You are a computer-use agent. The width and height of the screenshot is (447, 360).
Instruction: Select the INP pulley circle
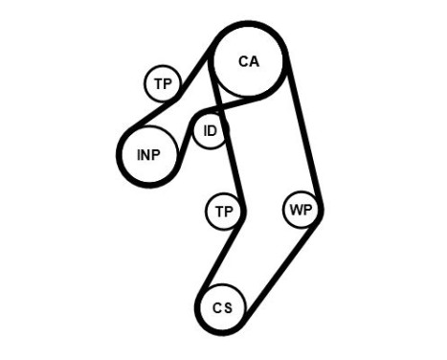[148, 155]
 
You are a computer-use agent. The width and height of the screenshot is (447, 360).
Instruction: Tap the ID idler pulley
[210, 131]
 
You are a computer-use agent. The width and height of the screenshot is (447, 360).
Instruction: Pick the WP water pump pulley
[301, 211]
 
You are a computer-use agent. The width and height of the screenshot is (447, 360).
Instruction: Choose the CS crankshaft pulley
[222, 307]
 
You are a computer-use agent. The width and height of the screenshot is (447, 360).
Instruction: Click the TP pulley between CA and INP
[164, 84]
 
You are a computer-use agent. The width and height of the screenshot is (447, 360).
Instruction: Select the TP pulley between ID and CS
[223, 211]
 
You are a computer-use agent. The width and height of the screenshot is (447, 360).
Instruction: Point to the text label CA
[248, 61]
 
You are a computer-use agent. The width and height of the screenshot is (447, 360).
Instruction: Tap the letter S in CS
[228, 307]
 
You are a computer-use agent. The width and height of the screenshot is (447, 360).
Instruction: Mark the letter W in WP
[296, 211]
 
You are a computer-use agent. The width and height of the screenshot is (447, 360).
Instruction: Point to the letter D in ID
[213, 131]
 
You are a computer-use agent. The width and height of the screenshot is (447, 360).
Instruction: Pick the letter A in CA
[254, 61]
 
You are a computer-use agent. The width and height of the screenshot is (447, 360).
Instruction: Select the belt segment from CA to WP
[304, 134]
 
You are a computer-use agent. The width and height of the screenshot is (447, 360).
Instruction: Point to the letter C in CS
[217, 307]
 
